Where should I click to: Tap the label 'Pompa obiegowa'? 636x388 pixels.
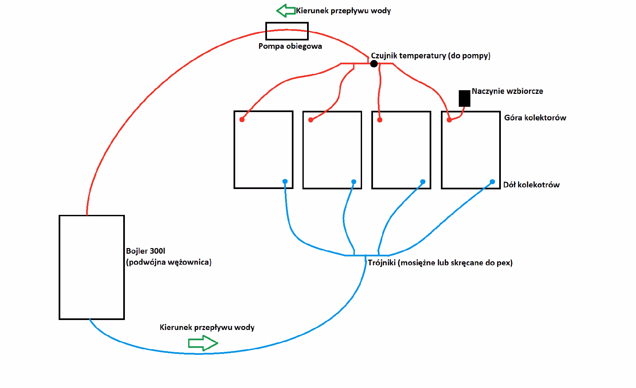(290, 46)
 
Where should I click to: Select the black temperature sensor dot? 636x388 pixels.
(374, 64)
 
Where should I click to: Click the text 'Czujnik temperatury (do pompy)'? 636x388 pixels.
(431, 56)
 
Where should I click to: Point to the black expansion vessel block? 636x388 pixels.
(464, 98)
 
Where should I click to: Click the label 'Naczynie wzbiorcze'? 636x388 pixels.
(507, 91)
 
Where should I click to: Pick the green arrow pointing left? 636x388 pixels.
(286, 11)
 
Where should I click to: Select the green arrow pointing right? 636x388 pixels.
(203, 343)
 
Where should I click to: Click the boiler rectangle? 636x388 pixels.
(59, 267)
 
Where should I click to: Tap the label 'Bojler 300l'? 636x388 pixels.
(145, 251)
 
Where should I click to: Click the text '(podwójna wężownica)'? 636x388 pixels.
(169, 262)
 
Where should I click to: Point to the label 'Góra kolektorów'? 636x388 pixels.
(535, 118)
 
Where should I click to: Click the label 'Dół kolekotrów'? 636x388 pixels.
(531, 185)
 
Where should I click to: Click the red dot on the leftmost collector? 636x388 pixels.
(242, 120)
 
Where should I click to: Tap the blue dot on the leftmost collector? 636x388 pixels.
(285, 181)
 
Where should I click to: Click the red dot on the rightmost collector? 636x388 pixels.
(449, 120)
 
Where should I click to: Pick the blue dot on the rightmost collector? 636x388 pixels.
(492, 182)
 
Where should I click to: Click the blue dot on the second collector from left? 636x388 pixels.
(354, 182)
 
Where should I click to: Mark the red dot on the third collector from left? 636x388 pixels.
(380, 120)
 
